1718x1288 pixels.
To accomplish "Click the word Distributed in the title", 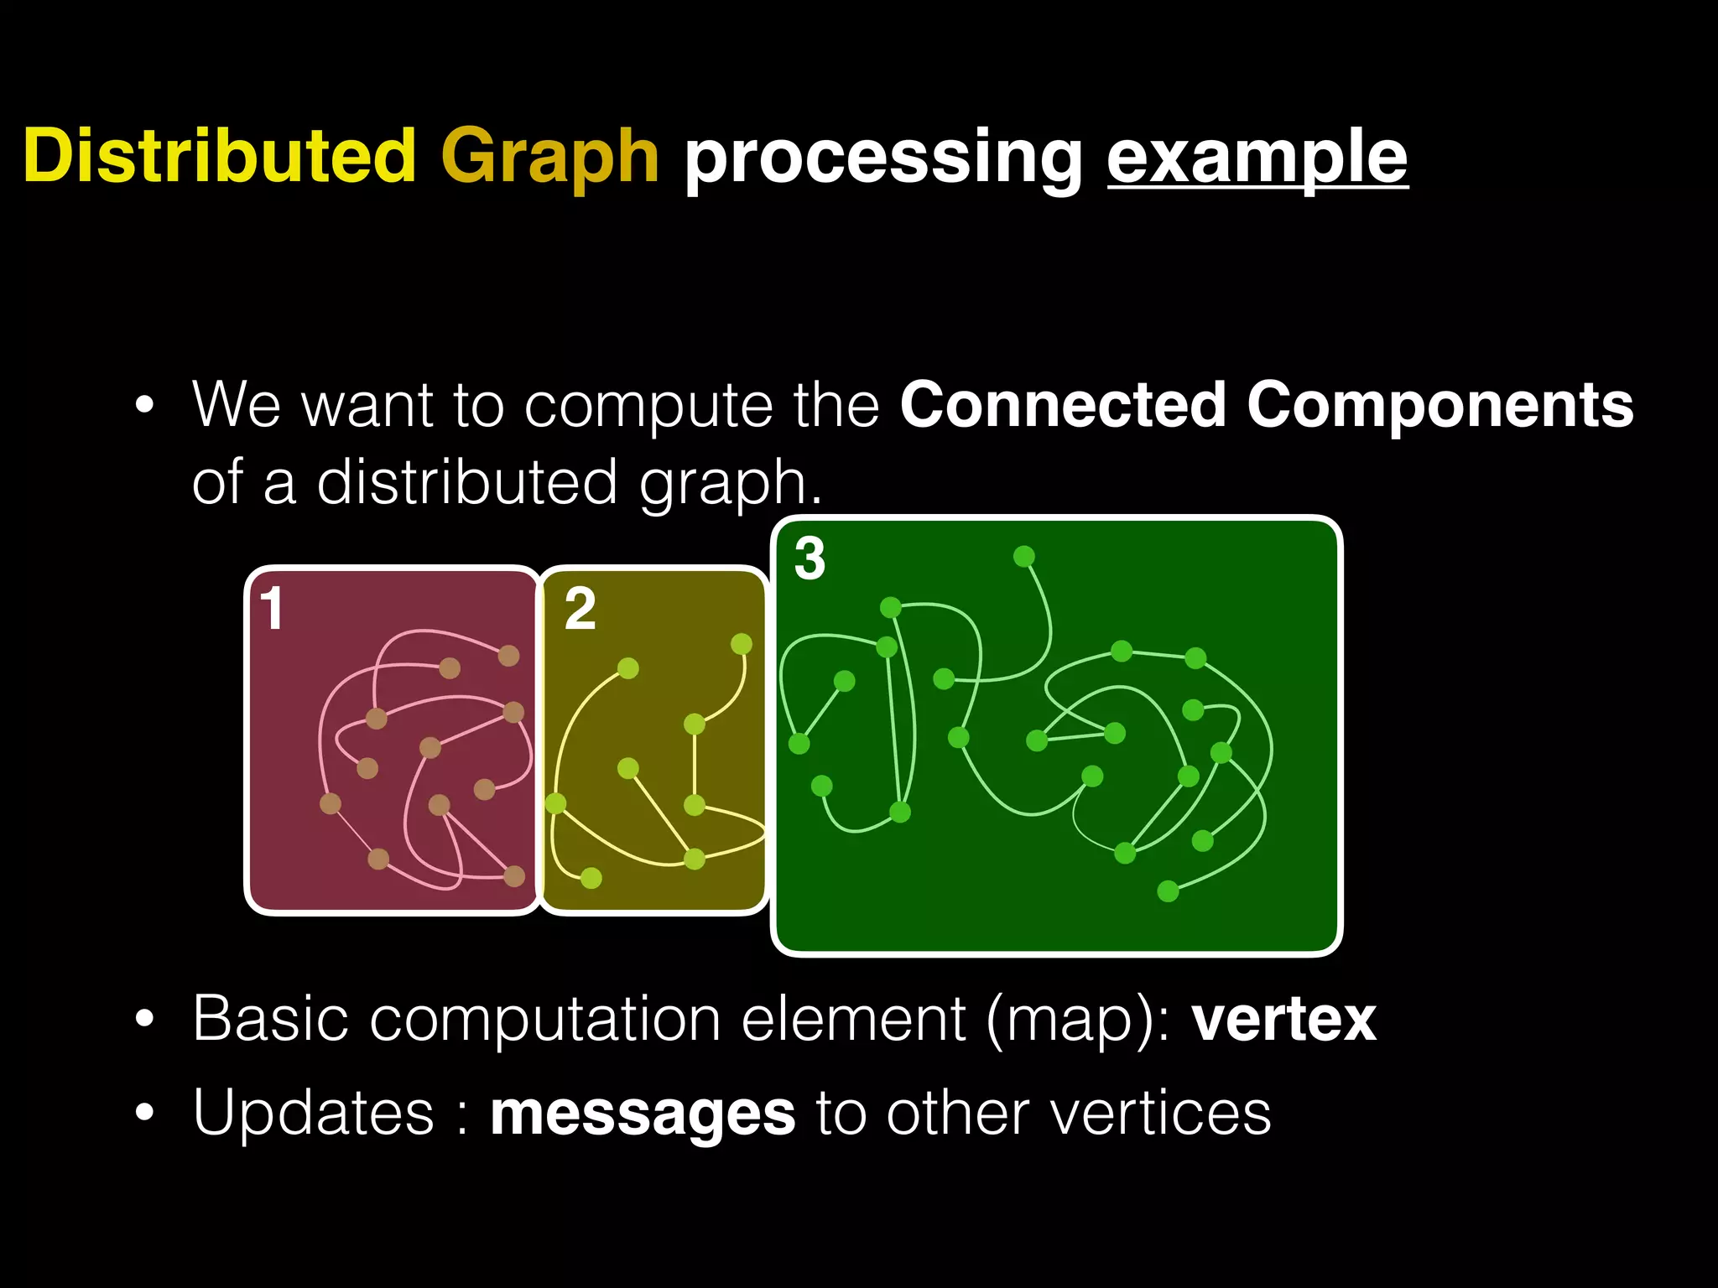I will tap(220, 156).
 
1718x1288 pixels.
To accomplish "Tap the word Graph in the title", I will tap(549, 158).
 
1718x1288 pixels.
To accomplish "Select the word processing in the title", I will tap(884, 159).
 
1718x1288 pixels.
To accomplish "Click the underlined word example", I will tap(1257, 159).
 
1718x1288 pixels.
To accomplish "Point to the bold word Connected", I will tap(1063, 406).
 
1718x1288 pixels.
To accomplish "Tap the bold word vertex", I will tap(1283, 1021).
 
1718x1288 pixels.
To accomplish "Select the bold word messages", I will tap(643, 1114).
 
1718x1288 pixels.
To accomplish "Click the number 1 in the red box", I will tap(272, 609).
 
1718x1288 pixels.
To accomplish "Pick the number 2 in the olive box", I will tap(580, 610).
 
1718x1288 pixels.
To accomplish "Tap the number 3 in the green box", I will tap(810, 559).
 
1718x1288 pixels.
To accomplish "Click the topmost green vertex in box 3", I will tap(1023, 557).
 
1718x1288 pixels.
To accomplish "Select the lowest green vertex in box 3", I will tap(1168, 891).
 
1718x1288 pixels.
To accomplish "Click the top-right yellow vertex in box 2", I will tap(741, 644).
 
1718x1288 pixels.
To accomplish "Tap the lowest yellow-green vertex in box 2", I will tap(591, 878).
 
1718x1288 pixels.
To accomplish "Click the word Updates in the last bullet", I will tap(313, 1114).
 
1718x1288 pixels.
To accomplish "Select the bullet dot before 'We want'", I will tap(145, 407).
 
